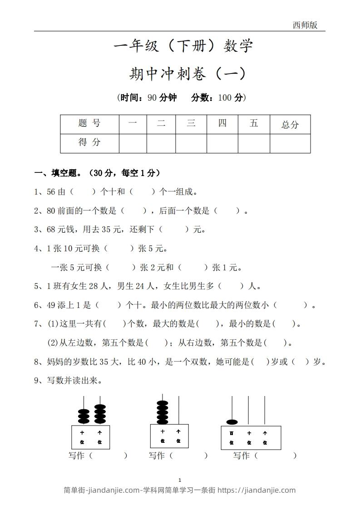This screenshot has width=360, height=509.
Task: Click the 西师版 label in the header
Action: [305, 25]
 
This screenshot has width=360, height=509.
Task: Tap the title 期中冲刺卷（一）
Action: [187, 73]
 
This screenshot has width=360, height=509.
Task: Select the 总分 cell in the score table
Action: [290, 125]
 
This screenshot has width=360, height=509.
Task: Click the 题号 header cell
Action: [89, 123]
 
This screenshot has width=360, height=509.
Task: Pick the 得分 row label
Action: [89, 142]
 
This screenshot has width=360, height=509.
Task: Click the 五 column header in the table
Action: [254, 123]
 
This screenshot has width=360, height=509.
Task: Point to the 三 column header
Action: [191, 123]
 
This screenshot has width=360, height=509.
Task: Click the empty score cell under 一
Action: [133, 143]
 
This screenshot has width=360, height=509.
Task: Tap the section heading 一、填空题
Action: [59, 173]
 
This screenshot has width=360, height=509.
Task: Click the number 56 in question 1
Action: [51, 192]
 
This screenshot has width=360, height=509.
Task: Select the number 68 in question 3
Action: [51, 230]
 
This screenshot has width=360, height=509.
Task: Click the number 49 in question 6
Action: [51, 305]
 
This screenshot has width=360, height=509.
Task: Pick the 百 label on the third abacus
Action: [232, 433]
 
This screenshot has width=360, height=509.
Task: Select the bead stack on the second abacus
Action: [162, 411]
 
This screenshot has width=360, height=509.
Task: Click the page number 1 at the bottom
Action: [180, 480]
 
